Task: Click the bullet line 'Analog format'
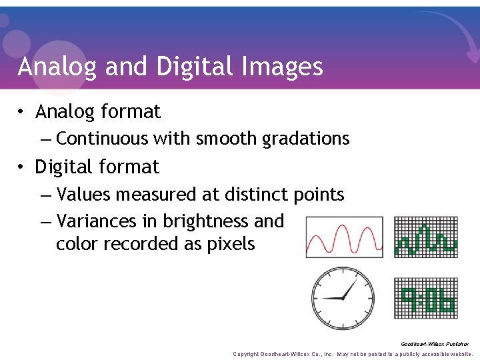(x=98, y=111)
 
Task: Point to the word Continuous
(x=103, y=139)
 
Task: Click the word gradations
(x=306, y=139)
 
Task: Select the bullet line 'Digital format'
(x=97, y=167)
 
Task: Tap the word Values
(x=84, y=195)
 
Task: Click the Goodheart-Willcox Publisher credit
(x=434, y=344)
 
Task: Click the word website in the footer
(x=458, y=354)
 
